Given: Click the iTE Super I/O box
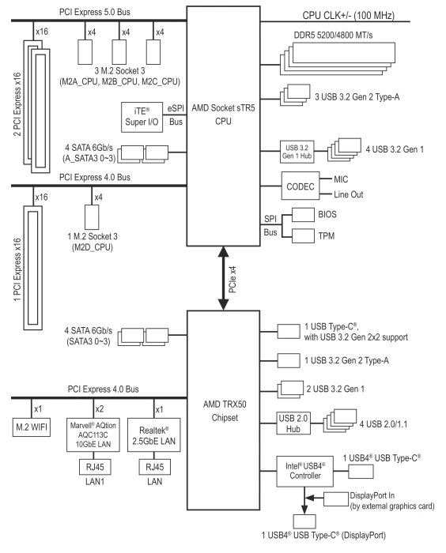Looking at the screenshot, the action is (142, 117).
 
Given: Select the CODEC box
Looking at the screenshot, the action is (300, 186).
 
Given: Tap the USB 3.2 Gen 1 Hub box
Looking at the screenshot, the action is (297, 152).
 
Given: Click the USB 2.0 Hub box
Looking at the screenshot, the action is (293, 423).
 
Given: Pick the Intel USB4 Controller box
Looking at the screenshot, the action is (304, 471).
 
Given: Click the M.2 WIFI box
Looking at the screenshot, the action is (31, 427).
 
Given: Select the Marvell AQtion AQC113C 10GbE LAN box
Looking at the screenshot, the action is (93, 434).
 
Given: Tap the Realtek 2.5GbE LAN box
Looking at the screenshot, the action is (153, 434).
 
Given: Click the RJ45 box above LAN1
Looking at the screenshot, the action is (95, 467).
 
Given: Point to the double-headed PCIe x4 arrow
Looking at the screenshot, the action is (223, 278).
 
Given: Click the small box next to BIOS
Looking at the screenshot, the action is (303, 214).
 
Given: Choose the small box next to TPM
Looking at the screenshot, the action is (303, 236).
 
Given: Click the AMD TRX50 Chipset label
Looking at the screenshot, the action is (225, 411).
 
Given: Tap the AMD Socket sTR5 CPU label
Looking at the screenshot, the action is (223, 115).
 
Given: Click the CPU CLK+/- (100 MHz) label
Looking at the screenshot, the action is (348, 16).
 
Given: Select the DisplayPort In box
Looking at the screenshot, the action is (336, 499).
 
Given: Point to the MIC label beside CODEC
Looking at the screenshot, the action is (341, 179).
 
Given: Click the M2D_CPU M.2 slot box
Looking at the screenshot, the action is (92, 217).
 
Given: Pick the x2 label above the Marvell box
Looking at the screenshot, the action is (100, 408).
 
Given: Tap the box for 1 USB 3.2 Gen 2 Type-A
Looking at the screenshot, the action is (289, 360).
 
